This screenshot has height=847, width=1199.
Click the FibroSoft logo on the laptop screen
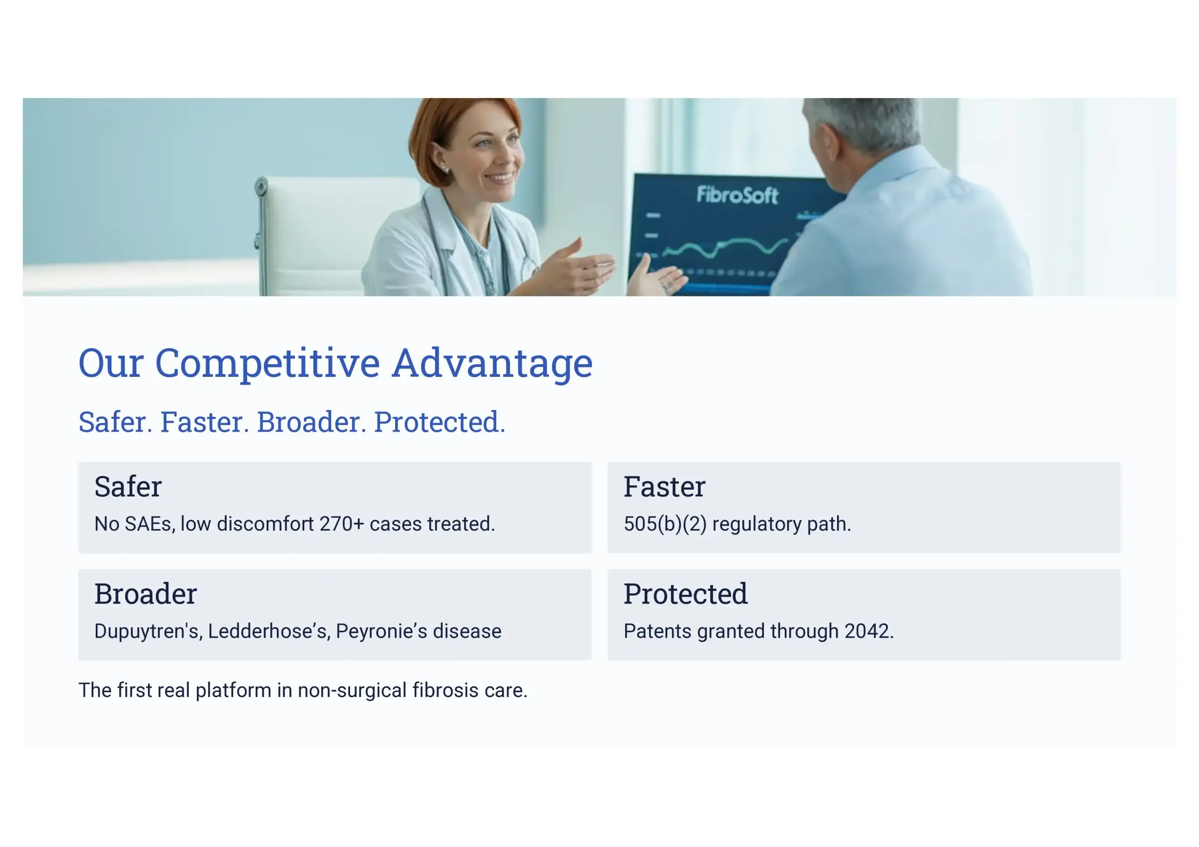tap(737, 195)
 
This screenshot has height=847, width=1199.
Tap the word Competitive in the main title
tap(267, 364)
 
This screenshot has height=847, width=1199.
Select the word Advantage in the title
tap(492, 364)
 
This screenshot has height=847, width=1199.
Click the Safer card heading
tap(128, 486)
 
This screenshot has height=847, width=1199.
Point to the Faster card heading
tap(664, 486)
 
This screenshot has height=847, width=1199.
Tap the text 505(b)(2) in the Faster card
tap(665, 524)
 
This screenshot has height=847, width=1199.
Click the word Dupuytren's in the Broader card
tap(148, 631)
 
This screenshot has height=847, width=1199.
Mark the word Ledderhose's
tap(269, 631)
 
